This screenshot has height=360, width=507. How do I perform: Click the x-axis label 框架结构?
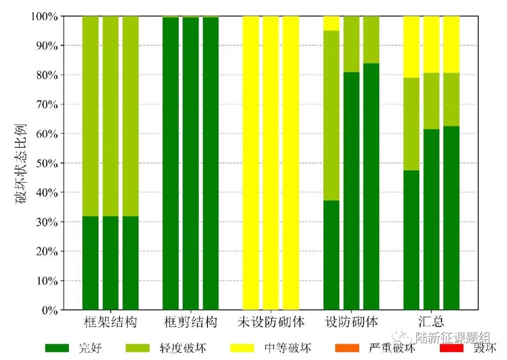[110, 322]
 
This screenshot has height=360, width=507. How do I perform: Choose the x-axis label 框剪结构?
[191, 322]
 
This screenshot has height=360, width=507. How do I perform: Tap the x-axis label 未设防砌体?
[271, 322]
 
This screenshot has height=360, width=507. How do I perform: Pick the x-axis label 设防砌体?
[351, 322]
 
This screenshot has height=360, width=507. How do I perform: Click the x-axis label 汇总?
[431, 322]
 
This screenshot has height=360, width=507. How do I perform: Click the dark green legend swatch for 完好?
[57, 348]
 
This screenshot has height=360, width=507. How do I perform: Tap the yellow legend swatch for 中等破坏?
[242, 348]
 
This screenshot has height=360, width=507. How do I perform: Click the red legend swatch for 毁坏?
[452, 348]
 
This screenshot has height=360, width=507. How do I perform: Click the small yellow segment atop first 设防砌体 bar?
[331, 23]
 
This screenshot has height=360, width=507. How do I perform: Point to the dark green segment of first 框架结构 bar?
[91, 263]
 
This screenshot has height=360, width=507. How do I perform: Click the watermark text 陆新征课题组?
[453, 337]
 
